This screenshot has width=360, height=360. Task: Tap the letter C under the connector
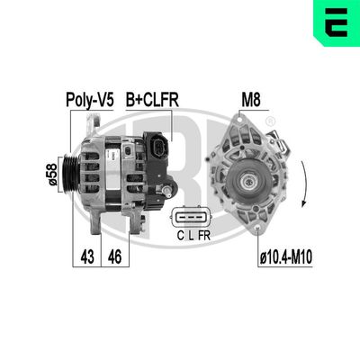coord(180,237)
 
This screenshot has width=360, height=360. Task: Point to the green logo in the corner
coord(338,20)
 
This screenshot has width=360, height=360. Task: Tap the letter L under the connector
coord(191,237)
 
